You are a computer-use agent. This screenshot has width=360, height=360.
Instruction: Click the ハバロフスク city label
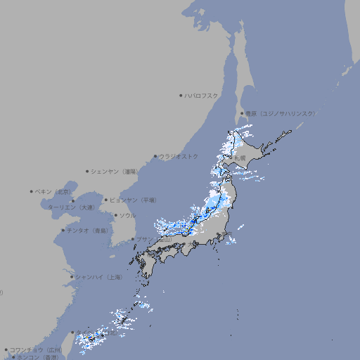point(202,95)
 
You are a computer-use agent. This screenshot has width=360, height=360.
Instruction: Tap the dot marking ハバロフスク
point(181,95)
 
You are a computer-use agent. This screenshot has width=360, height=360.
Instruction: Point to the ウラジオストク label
point(179,156)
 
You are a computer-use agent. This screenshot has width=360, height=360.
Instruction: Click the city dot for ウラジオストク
point(156,156)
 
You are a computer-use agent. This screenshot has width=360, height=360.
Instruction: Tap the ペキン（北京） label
point(54,191)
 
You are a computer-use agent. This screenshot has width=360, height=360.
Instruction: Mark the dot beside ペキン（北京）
point(32,191)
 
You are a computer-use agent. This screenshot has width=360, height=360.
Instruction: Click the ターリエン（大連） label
point(71,207)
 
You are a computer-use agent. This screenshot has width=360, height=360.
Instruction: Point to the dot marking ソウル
point(115,215)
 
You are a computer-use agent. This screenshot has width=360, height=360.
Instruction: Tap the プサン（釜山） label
point(154,239)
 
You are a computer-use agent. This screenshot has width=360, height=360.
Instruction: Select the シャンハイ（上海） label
point(98,277)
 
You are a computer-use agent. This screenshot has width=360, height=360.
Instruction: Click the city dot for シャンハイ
point(72,277)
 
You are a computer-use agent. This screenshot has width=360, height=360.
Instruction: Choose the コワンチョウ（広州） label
point(36,349)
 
